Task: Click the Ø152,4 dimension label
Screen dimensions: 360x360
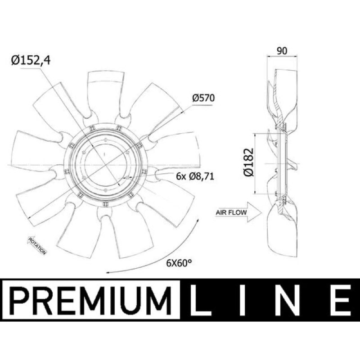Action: click(x=31, y=61)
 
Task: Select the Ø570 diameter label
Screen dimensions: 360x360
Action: click(x=203, y=98)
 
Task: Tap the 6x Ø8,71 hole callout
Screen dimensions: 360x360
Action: click(x=195, y=176)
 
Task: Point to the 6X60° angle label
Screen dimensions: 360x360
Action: click(x=179, y=263)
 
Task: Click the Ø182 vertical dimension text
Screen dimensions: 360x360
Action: click(x=249, y=162)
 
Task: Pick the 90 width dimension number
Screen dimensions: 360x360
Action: click(x=282, y=51)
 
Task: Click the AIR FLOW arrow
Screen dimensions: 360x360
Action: click(x=238, y=212)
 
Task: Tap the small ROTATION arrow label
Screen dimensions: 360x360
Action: click(x=37, y=246)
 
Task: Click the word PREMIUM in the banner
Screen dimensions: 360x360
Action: click(x=91, y=300)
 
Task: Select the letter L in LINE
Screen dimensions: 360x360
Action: click(x=200, y=300)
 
